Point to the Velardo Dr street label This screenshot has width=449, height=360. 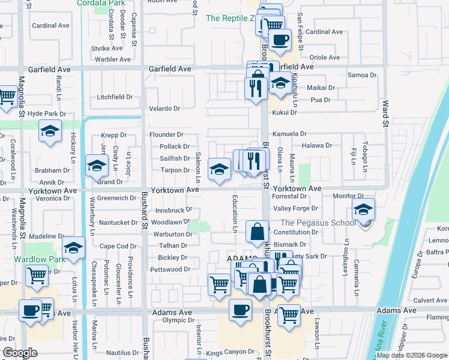(x=164, y=109)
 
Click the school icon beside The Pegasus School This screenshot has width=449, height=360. (x=363, y=209)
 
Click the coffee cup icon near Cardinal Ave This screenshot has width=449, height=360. (x=280, y=40)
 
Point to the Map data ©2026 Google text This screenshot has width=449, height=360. (x=412, y=355)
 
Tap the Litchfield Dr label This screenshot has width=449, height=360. (x=115, y=97)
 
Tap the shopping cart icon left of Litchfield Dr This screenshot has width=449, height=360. (x=7, y=96)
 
